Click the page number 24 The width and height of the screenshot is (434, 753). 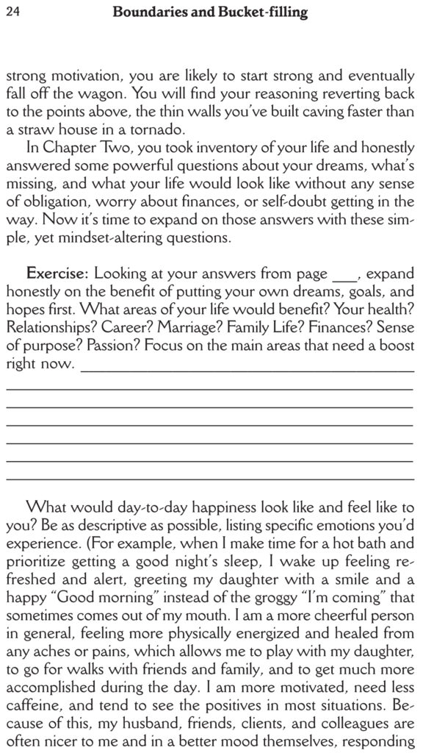click(11, 12)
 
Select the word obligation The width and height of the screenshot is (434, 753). click(52, 201)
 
